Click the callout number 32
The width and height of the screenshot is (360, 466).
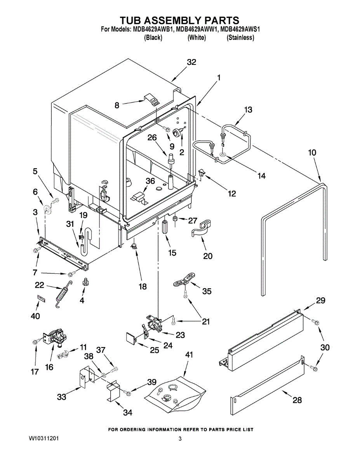coord(191,62)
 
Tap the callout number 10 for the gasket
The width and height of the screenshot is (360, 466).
coord(312,153)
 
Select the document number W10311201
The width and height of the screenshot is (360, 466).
coord(44,439)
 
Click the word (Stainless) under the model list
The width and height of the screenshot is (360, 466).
coord(240,38)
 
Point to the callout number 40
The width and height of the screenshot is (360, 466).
coord(35,316)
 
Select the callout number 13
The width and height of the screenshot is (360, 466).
coord(248,110)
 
